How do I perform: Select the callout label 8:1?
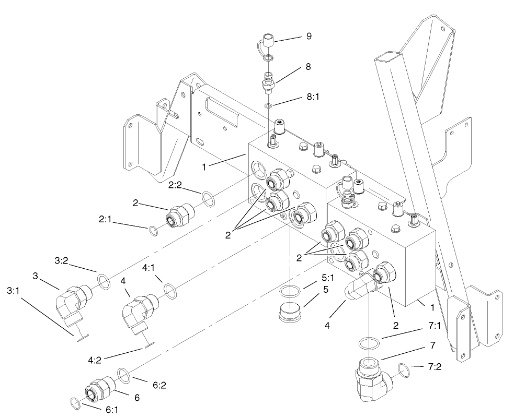click(x=312, y=97)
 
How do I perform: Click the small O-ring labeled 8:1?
click(x=268, y=106)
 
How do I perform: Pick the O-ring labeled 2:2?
click(x=208, y=199)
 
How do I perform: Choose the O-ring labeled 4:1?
click(x=170, y=289)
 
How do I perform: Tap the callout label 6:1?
click(x=112, y=410)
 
